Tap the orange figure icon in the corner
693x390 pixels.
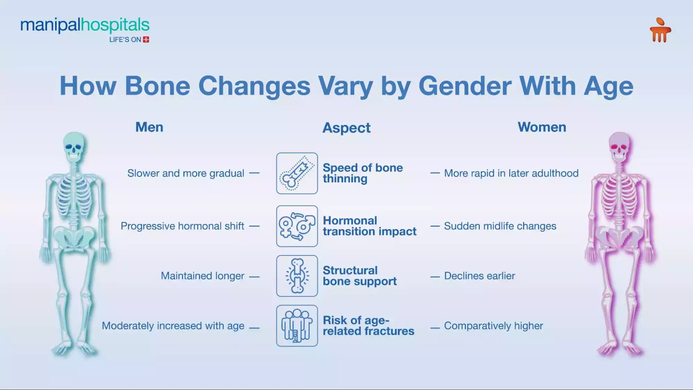click(660, 30)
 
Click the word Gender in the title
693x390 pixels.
click(465, 86)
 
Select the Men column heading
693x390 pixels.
click(149, 127)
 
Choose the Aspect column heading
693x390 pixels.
click(346, 128)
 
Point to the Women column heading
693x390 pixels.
click(542, 127)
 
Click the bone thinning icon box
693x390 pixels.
click(297, 173)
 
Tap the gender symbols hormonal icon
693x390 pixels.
click(297, 226)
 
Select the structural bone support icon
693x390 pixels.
click(297, 276)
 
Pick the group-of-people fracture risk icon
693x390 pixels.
click(297, 326)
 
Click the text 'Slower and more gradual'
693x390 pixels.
click(186, 173)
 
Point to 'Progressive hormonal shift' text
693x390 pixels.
click(182, 226)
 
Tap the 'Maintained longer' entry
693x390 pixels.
click(202, 276)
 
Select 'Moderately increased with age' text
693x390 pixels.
click(173, 326)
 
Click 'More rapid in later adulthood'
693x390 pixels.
click(511, 173)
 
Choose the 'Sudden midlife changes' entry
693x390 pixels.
click(500, 226)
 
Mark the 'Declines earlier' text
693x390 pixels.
click(479, 276)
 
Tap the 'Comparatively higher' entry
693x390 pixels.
click(493, 326)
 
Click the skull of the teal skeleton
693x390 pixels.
click(74, 146)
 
